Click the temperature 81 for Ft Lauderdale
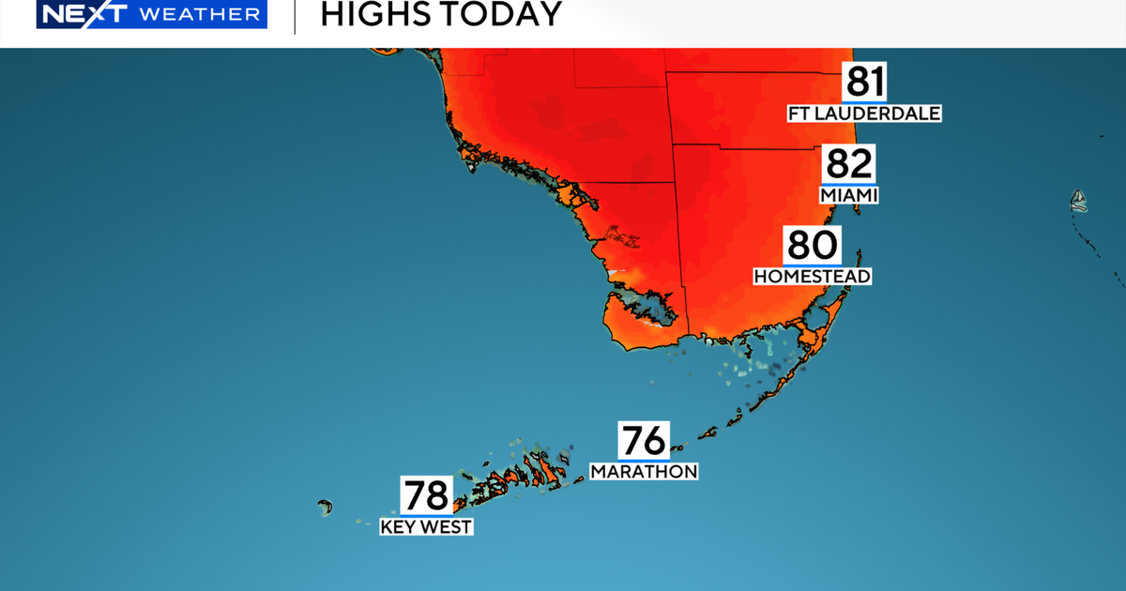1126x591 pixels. pyautogui.click(x=863, y=82)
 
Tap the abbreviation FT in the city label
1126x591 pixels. pyautogui.click(x=801, y=114)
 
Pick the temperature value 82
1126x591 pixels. pyautogui.click(x=848, y=164)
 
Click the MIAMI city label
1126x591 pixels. pyautogui.click(x=848, y=195)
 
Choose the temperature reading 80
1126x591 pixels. pyautogui.click(x=812, y=246)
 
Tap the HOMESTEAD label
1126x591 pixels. pyautogui.click(x=812, y=277)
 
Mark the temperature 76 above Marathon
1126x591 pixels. pyautogui.click(x=643, y=440)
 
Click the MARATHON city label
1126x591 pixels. pyautogui.click(x=644, y=471)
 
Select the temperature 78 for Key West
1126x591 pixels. pyautogui.click(x=426, y=495)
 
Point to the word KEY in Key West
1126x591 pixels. pyautogui.click(x=398, y=527)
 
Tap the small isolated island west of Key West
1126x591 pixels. pyautogui.click(x=325, y=507)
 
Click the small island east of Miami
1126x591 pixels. pyautogui.click(x=1079, y=200)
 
